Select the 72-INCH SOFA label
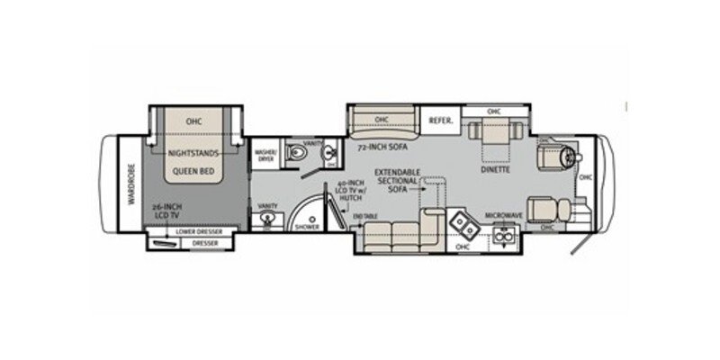(375, 146)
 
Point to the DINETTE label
(496, 168)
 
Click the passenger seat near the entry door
(544, 211)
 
